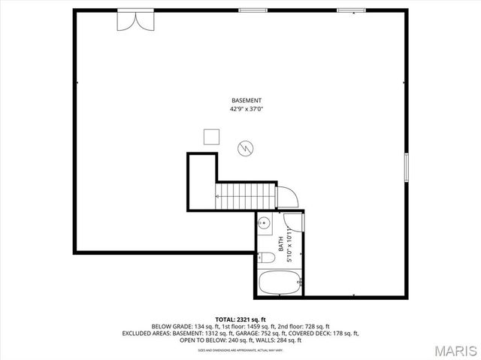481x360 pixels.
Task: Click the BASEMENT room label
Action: point(247,101)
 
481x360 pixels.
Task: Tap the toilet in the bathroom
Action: point(265,257)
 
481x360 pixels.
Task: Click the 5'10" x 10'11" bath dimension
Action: point(289,243)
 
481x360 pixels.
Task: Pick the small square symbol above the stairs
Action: point(211,136)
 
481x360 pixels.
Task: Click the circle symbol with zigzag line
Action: point(245,149)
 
